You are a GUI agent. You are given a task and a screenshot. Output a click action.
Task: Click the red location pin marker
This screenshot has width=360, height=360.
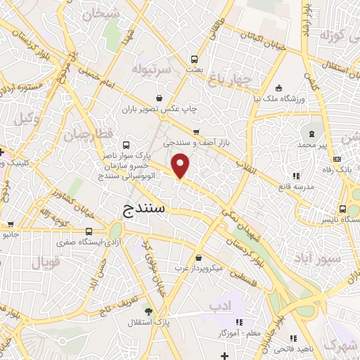(x=181, y=166)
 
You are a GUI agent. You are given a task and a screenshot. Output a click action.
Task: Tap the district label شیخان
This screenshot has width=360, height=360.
(x=101, y=14)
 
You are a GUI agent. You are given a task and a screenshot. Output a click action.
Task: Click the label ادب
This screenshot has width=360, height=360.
(x=220, y=306)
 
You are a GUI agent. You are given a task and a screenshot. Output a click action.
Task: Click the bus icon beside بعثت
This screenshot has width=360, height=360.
(x=195, y=59)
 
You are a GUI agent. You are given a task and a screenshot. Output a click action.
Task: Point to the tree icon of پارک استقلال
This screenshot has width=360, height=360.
(x=148, y=311)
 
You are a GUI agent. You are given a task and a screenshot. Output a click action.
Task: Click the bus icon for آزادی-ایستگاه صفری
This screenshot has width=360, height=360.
(x=89, y=231)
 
